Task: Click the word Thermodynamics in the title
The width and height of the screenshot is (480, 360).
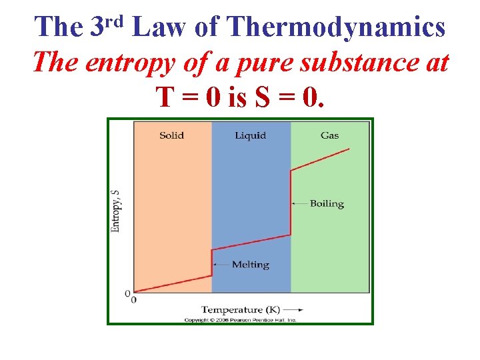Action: point(336,27)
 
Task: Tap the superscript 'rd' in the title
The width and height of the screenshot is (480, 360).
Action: point(117,21)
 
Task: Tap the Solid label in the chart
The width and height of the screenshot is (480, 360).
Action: point(172,135)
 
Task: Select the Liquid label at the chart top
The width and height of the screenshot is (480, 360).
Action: point(250,135)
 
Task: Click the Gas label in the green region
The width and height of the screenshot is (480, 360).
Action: point(329,135)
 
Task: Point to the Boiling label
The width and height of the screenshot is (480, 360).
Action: point(327,203)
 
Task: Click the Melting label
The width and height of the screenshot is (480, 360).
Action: point(250,265)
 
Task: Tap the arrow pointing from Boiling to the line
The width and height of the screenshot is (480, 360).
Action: point(299,203)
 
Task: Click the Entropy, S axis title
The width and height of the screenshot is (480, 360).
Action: point(115,211)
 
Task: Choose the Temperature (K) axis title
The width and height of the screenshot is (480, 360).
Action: point(248,309)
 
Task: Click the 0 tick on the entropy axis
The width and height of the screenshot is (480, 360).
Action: point(127,293)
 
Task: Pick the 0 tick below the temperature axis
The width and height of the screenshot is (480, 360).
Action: point(134,300)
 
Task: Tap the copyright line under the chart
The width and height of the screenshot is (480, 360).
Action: point(240,320)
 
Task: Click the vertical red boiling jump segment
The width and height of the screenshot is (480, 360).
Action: point(291,203)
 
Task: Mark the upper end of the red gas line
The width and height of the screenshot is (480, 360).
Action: point(349,149)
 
